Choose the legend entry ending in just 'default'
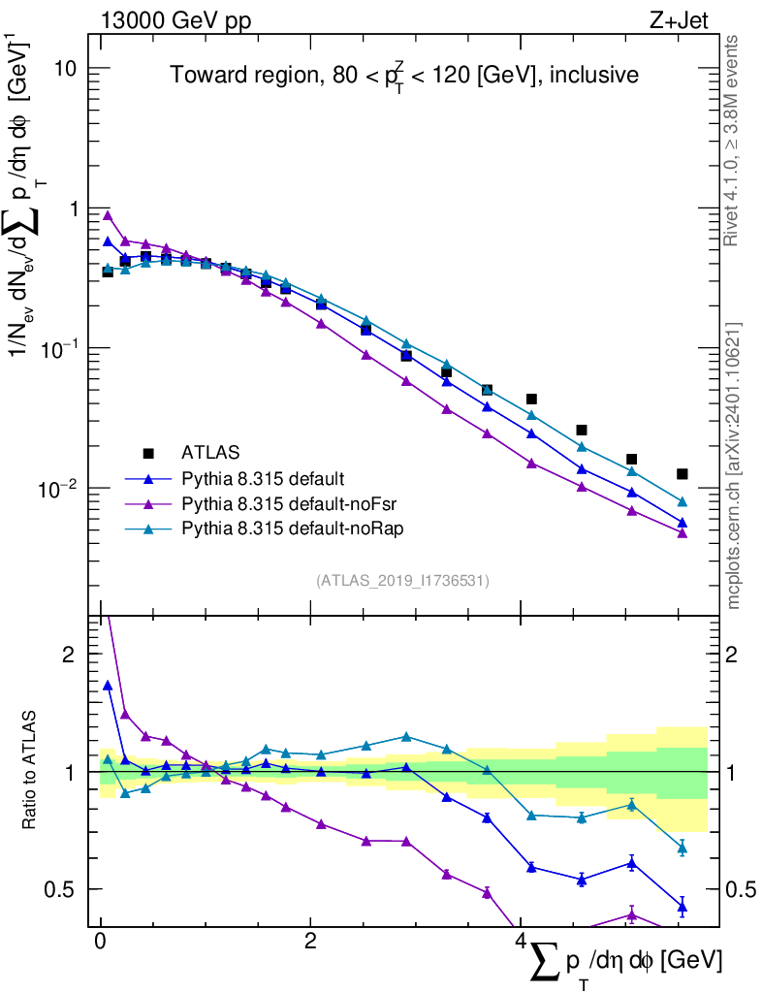[x=263, y=478]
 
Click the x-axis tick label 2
[x=310, y=942]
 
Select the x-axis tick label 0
[x=100, y=942]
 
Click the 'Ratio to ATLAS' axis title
[x=30, y=772]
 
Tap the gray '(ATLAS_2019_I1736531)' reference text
[x=402, y=581]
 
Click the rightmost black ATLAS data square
[x=683, y=474]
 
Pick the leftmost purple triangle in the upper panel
[x=108, y=215]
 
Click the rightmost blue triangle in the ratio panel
[x=683, y=908]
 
